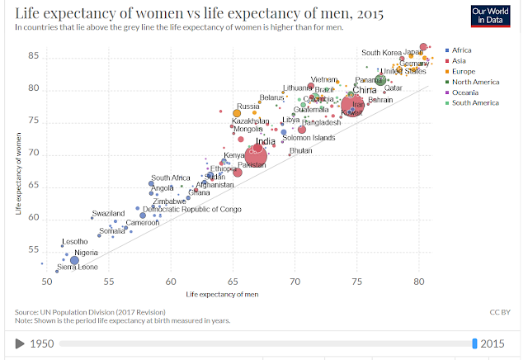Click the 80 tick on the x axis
(x=419, y=282)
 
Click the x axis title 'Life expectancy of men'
(x=224, y=294)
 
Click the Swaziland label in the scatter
(x=108, y=213)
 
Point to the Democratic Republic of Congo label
(x=192, y=210)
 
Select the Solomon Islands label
(x=309, y=138)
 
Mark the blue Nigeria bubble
(x=74, y=260)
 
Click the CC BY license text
(x=500, y=313)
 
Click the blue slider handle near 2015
(x=474, y=343)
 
